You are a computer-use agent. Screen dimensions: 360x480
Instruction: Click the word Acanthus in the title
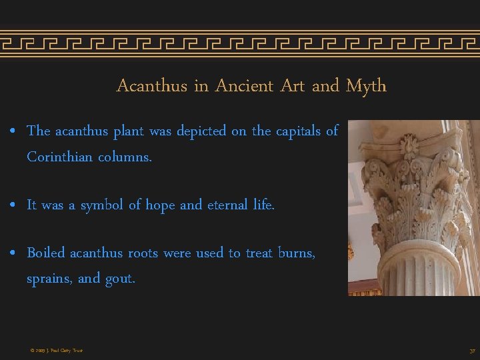coord(151,86)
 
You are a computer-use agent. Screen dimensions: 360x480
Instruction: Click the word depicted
coord(201,131)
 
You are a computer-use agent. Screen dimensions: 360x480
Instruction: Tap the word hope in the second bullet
coord(158,205)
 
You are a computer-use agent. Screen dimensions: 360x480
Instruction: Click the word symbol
coord(103,205)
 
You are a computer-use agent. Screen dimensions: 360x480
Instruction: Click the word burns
coord(297,253)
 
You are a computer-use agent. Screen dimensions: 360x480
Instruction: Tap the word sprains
coord(49,279)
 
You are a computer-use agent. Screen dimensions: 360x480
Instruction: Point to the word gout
coord(120,279)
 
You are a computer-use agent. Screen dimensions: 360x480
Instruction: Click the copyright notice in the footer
coord(56,351)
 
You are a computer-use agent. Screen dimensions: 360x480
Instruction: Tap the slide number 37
coord(472,351)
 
